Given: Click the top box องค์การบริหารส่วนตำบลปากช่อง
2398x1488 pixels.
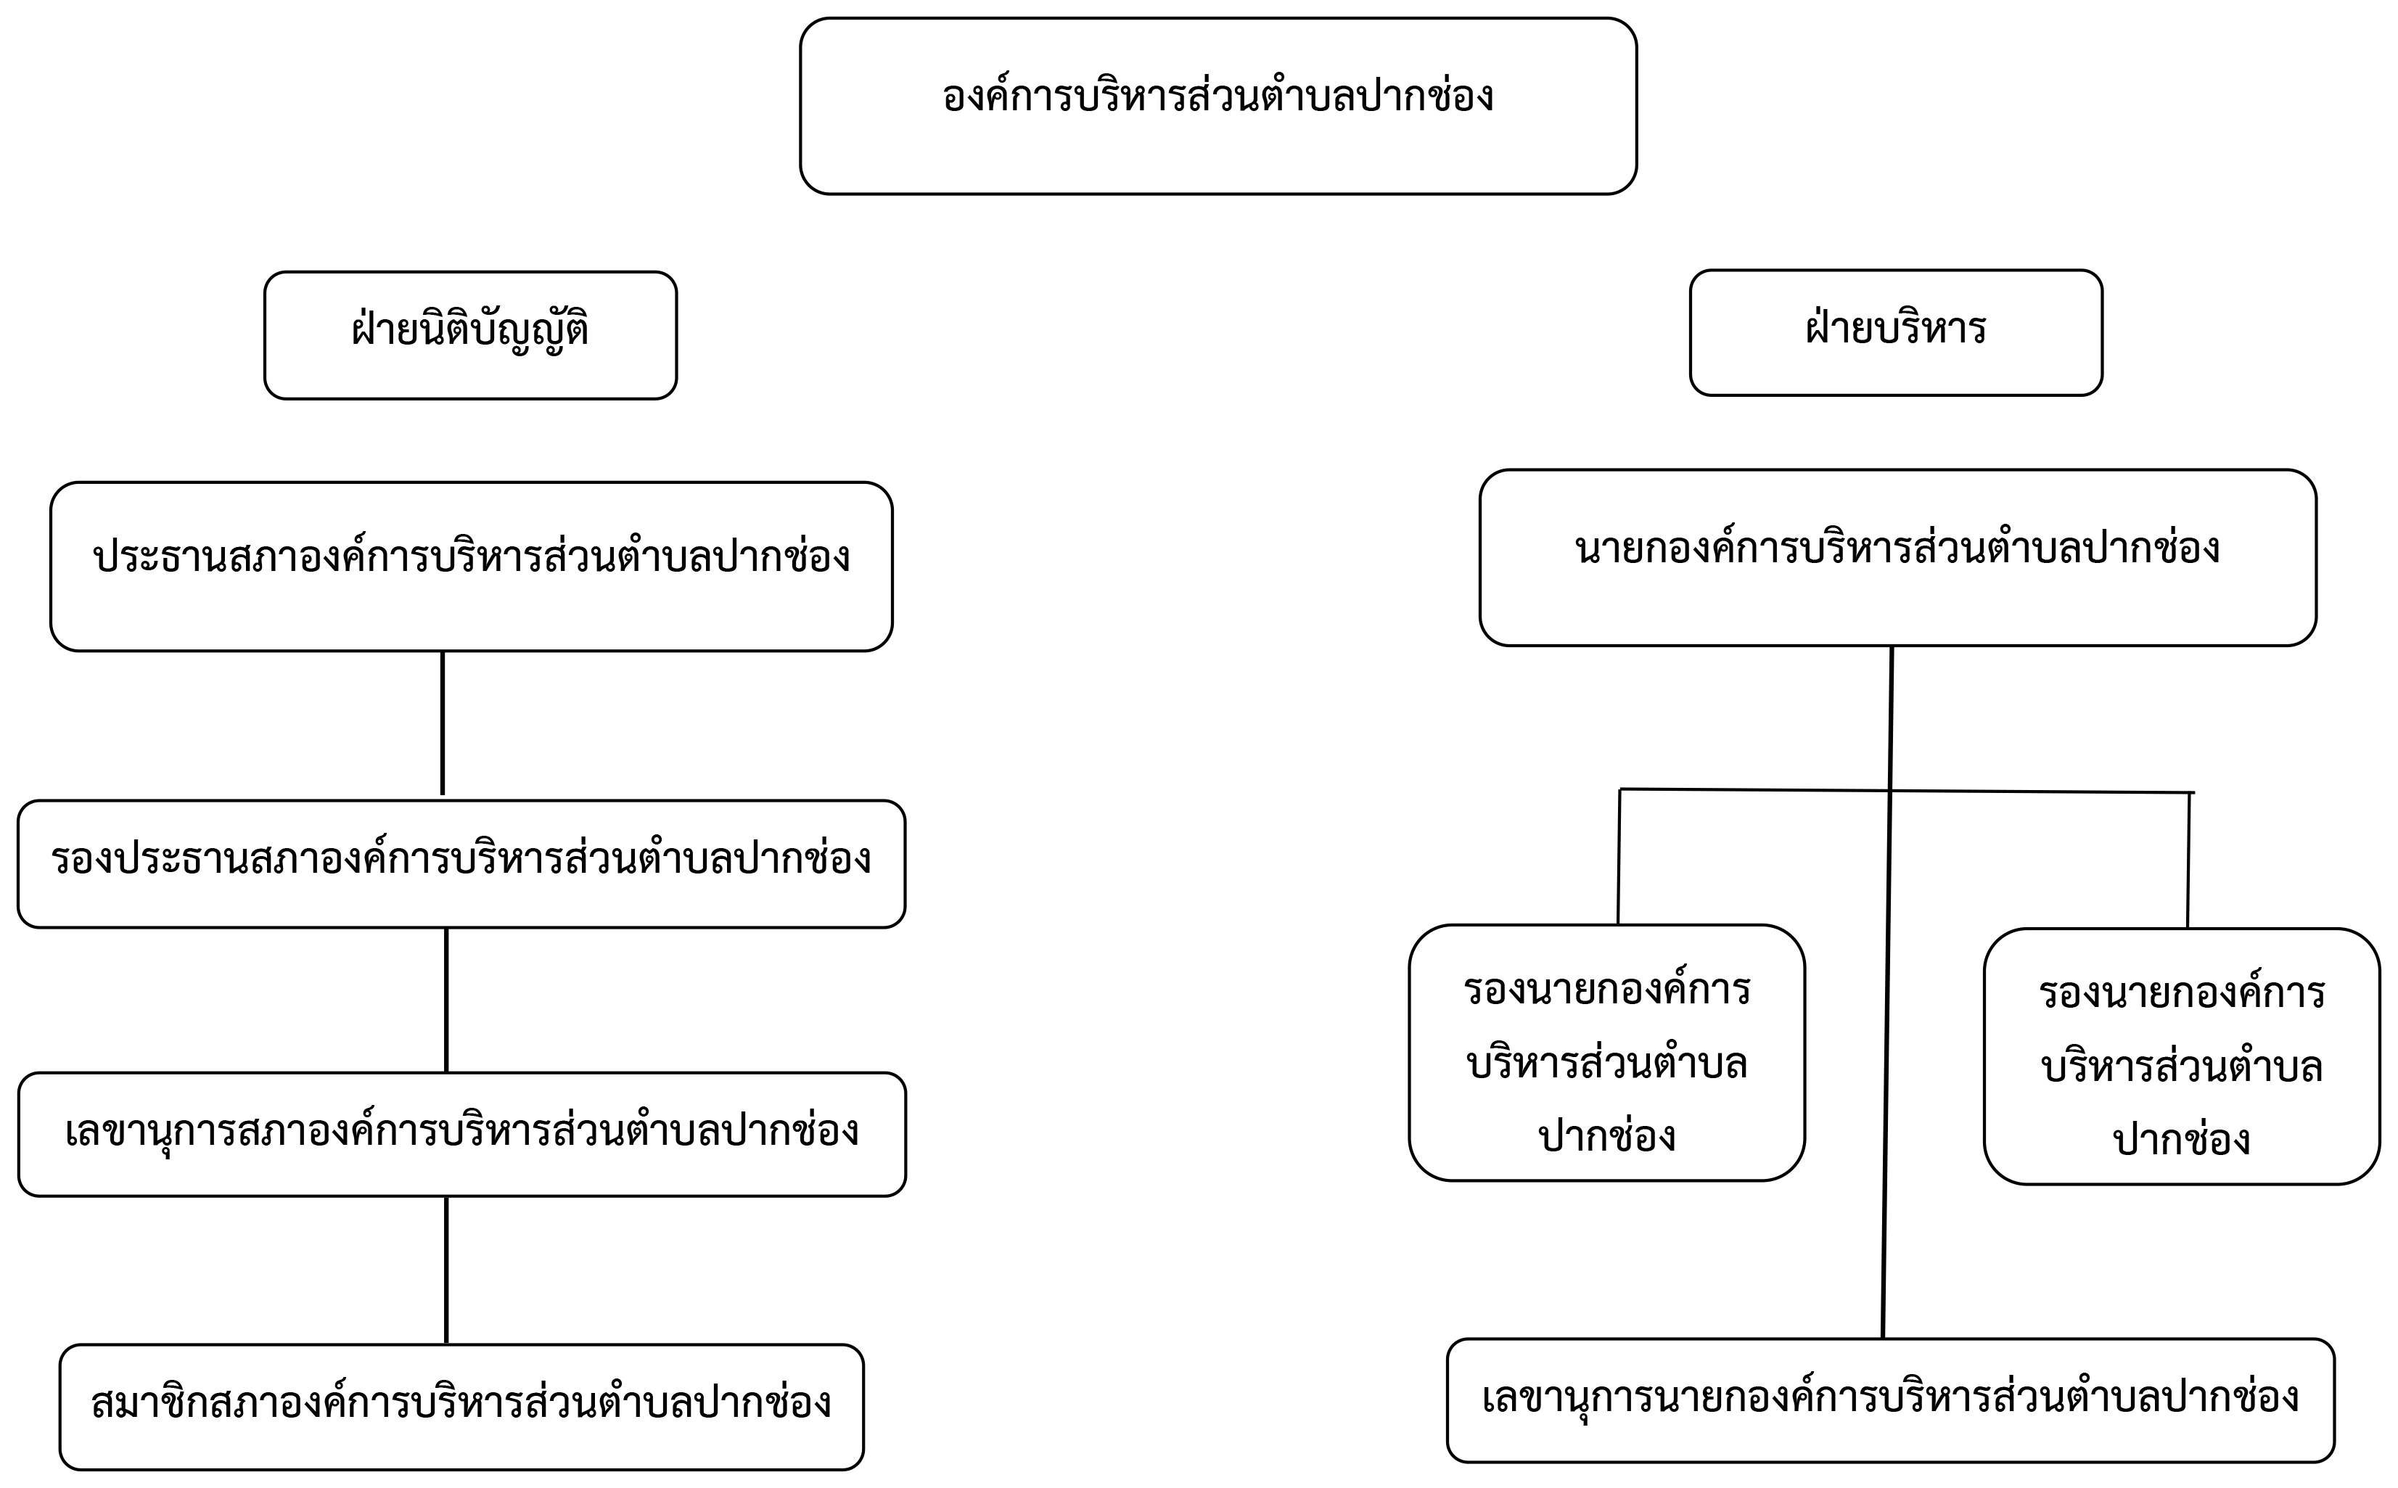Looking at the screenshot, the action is (1218, 106).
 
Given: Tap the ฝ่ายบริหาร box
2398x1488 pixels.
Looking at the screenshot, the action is (1896, 332).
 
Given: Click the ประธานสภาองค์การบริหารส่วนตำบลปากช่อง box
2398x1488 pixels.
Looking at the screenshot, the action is (472, 567).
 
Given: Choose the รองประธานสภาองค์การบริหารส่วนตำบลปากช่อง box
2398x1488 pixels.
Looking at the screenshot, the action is (461, 864).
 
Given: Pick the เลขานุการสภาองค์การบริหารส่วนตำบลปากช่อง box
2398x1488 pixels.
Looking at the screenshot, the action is (461, 1135).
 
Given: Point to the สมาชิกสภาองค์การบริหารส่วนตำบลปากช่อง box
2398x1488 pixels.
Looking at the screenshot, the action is (461, 1407).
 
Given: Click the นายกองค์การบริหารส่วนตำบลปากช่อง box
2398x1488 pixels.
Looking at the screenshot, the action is (1898, 558).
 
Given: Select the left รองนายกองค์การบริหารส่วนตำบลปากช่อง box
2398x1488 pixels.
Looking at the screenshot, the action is (1607, 1053).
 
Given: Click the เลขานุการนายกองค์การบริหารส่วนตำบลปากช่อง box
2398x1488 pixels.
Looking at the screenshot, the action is (1890, 1400).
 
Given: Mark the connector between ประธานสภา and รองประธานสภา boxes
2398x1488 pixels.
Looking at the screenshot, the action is (443, 723).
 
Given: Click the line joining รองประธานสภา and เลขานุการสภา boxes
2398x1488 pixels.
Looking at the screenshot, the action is (447, 1000).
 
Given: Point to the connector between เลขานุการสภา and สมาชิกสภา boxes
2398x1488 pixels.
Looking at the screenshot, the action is (447, 1270).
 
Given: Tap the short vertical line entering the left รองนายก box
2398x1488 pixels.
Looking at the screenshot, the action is (1619, 857).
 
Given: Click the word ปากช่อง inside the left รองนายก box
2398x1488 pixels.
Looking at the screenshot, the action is (1607, 1135).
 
